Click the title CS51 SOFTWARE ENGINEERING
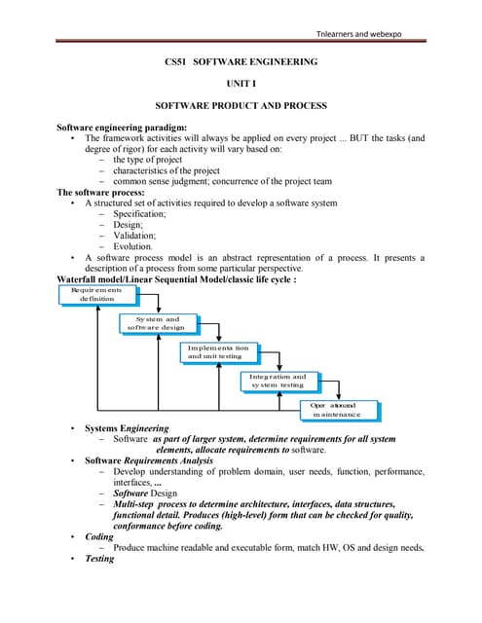coord(241,62)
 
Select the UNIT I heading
coord(241,84)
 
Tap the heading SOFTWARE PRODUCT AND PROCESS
coord(241,105)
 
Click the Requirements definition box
coord(95,294)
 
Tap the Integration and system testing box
coord(277,381)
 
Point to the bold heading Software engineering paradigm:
coord(116,128)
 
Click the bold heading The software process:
coord(98,192)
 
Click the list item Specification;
coord(139,214)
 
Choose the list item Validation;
coord(133,236)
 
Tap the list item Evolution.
coord(133,247)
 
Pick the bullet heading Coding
coord(99,536)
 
